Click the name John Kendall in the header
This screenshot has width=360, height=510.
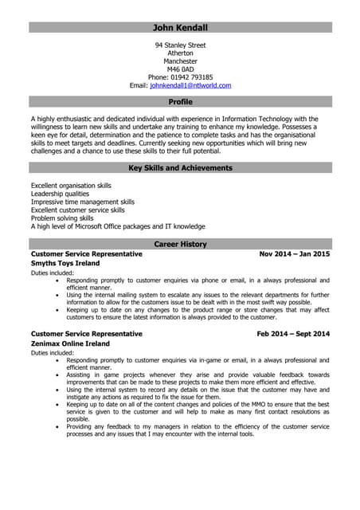coord(180,28)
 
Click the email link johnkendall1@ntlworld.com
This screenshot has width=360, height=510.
coord(190,85)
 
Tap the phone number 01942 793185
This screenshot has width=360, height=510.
coord(195,77)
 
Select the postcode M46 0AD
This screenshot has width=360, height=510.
coord(180,69)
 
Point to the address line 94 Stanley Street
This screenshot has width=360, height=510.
coord(180,45)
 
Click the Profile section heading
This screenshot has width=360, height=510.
coord(180,102)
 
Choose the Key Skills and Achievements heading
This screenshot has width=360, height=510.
coord(180,168)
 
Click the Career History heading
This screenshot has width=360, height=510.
coord(180,244)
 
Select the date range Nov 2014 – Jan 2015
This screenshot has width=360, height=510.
coord(294,254)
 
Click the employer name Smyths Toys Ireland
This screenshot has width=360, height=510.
coord(65,263)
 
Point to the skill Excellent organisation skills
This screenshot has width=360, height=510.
coord(71,186)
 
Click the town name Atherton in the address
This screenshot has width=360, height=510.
coord(180,53)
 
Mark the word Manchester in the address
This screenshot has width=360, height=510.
coord(180,61)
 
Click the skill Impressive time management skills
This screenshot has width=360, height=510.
coord(82,202)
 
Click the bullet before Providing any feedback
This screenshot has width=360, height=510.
coord(57,427)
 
